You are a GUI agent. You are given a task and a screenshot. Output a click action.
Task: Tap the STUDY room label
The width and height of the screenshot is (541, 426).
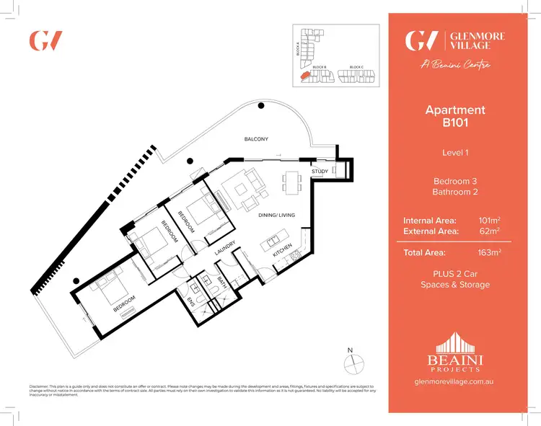pos(320,171)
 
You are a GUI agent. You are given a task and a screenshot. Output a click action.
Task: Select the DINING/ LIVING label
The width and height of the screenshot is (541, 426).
pos(277,215)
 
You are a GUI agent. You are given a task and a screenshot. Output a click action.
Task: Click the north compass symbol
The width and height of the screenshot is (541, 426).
pos(351,360)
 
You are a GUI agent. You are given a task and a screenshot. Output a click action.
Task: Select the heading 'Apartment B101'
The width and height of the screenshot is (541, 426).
pos(455,116)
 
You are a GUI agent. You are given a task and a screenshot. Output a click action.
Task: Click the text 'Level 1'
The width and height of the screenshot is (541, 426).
pos(455,152)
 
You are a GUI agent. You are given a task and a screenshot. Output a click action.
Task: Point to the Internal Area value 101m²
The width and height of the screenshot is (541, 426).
pos(489,220)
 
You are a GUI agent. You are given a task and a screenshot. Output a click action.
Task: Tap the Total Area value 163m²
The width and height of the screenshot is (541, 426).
pos(489,252)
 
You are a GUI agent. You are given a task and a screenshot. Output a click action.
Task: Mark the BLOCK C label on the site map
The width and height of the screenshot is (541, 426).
pos(356,67)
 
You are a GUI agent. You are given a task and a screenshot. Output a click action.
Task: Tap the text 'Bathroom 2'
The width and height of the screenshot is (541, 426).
pos(455,192)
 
